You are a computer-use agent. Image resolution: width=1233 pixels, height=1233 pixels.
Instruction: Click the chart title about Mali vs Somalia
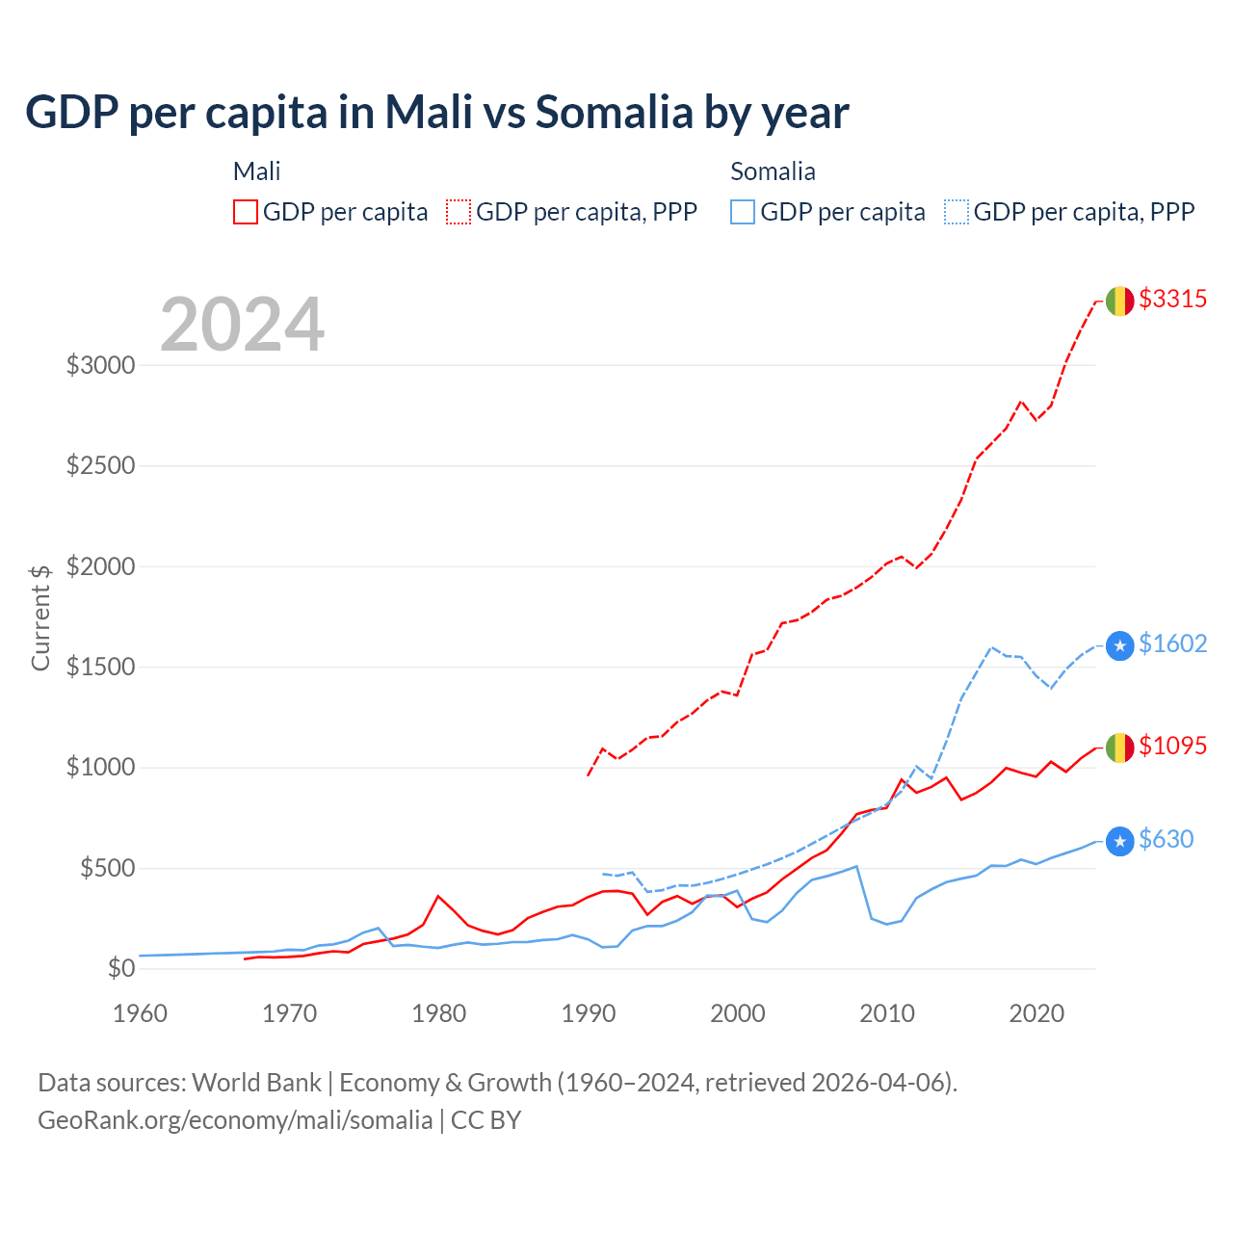437,113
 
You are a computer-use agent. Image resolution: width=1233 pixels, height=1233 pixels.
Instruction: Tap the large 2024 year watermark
243,325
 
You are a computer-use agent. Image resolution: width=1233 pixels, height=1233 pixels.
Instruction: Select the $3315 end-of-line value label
1172,299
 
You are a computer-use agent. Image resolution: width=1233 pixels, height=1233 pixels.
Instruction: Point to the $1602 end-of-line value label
1172,643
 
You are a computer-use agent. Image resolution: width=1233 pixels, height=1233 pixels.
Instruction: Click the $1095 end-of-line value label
1172,746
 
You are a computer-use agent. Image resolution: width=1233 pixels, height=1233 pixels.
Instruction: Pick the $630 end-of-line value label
1166,839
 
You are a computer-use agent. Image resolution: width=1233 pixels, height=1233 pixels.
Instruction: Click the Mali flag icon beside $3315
1119,301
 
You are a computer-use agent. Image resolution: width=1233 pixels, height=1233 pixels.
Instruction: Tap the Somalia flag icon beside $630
1119,842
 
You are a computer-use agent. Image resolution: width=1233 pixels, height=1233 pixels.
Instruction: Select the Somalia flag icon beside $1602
1119,645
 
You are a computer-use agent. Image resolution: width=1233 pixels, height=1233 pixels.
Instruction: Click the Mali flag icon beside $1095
1119,748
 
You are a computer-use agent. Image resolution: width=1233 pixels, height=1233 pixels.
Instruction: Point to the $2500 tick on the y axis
100,466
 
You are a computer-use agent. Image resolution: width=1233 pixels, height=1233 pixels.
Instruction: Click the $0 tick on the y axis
120,968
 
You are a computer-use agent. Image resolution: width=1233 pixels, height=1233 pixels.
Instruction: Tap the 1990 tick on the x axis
589,1013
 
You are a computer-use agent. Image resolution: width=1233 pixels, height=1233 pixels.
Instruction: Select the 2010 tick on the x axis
887,1013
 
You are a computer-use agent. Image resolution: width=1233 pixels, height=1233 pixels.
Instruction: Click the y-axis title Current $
40,617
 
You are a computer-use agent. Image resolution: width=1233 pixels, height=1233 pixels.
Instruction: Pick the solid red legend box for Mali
246,212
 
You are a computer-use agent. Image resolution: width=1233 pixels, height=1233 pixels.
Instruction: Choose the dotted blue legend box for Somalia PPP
957,212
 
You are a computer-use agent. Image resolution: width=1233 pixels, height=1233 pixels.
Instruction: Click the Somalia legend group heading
773,171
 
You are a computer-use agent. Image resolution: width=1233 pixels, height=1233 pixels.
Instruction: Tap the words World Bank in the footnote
256,1083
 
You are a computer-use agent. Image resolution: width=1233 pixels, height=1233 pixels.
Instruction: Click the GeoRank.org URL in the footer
235,1120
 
